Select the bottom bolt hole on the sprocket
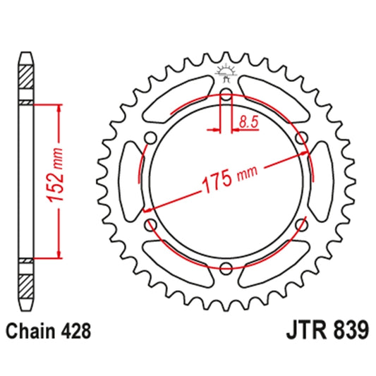(x=226, y=267)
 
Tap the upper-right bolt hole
(x=302, y=136)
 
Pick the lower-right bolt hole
(x=302, y=224)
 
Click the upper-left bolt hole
(x=150, y=136)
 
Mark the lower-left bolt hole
(x=150, y=224)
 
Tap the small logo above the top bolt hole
(x=226, y=71)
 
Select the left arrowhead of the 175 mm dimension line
(x=147, y=210)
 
